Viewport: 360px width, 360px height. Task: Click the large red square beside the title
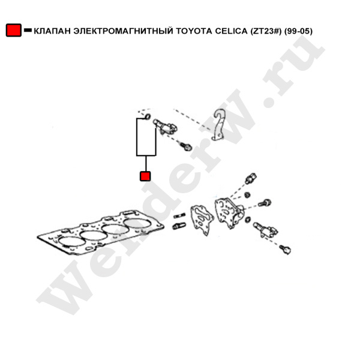pyautogui.click(x=14, y=30)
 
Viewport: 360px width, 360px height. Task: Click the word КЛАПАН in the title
pyautogui.click(x=52, y=31)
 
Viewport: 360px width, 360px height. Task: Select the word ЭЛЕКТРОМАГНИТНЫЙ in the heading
pyautogui.click(x=123, y=31)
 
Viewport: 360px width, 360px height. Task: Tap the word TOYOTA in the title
pyautogui.click(x=194, y=31)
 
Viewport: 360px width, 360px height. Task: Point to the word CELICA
pyautogui.click(x=230, y=31)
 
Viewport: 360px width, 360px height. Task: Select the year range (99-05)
pyautogui.click(x=298, y=31)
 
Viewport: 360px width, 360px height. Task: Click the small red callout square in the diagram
pyautogui.click(x=145, y=176)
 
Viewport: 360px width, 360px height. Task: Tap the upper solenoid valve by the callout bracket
pyautogui.click(x=165, y=127)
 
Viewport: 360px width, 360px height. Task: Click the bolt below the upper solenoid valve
pyautogui.click(x=185, y=146)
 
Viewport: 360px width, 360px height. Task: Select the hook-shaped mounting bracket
pyautogui.click(x=218, y=124)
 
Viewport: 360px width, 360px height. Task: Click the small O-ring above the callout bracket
pyautogui.click(x=147, y=116)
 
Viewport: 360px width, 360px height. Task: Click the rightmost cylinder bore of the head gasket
pyautogui.click(x=137, y=223)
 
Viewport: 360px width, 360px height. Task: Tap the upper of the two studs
pyautogui.click(x=179, y=215)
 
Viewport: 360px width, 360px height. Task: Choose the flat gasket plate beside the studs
pyautogui.click(x=202, y=220)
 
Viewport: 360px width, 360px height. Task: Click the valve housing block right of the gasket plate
pyautogui.click(x=229, y=213)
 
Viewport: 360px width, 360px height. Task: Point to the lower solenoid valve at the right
pyautogui.click(x=266, y=230)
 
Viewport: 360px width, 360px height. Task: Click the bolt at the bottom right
pyautogui.click(x=286, y=250)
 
